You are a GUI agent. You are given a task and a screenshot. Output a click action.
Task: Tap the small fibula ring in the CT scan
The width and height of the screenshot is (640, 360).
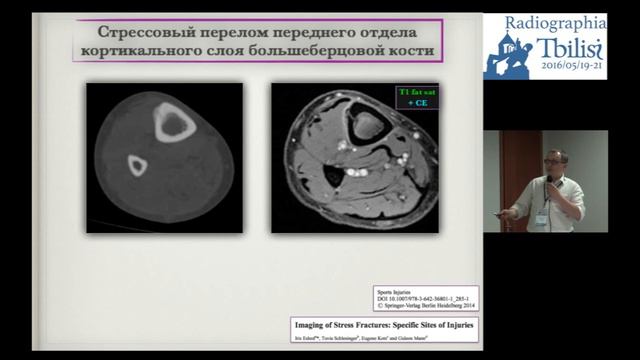[x=133, y=166]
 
